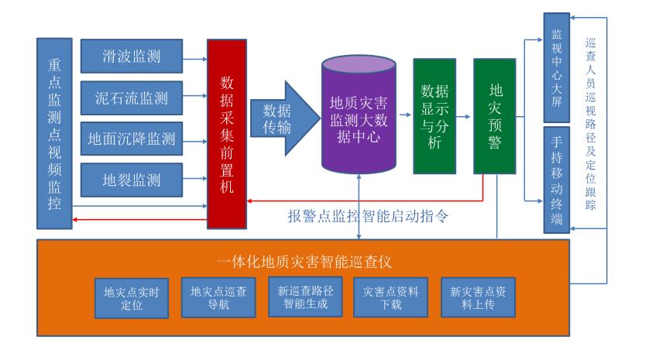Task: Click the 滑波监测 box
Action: click(132, 56)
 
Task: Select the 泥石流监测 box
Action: click(132, 98)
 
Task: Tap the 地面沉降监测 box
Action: click(132, 139)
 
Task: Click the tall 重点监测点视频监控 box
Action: click(54, 132)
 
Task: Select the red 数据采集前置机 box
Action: click(226, 132)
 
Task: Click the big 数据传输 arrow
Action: click(282, 118)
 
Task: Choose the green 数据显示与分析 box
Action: click(434, 116)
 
